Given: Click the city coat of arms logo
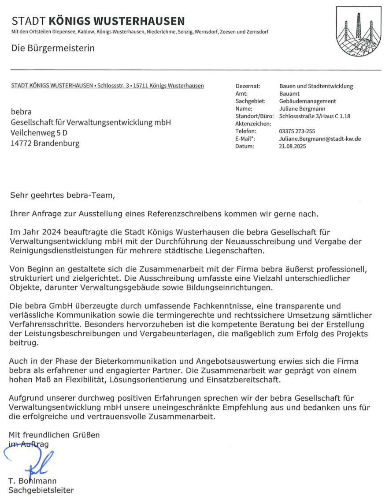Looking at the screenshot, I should (x=358, y=31).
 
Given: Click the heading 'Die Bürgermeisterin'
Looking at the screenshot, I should (x=53, y=48).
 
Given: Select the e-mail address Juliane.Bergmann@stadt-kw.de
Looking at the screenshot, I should (x=320, y=139).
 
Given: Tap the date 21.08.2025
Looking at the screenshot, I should (x=292, y=146).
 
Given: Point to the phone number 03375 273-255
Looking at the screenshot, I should (x=297, y=131).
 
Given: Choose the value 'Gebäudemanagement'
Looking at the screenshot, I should (x=307, y=101).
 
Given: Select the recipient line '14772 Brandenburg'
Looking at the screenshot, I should (x=45, y=143).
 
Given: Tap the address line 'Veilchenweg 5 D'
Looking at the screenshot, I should (x=39, y=132).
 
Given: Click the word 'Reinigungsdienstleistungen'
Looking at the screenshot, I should (x=59, y=251).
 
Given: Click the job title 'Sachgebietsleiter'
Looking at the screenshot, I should (x=41, y=490).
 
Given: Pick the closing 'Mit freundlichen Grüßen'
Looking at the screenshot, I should (x=54, y=435).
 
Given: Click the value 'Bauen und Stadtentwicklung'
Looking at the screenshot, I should (x=316, y=86).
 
